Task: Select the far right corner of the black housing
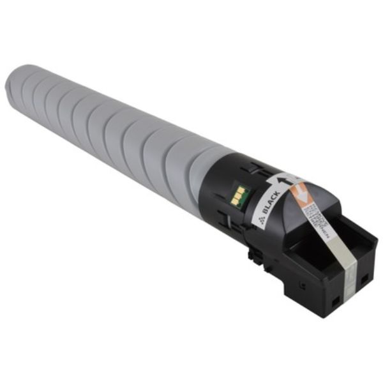point(376,240)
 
